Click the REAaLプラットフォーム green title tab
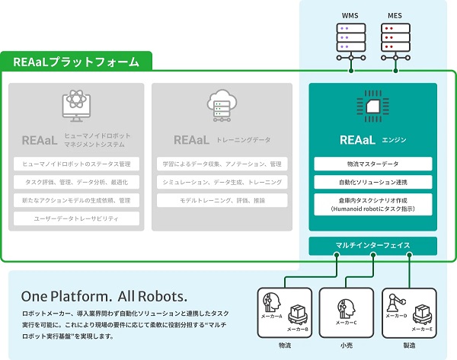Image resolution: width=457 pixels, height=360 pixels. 76,62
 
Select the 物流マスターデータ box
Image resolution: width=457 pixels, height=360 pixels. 373,164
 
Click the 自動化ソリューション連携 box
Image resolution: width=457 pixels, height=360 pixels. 373,183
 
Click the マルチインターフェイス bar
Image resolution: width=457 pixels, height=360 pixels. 373,246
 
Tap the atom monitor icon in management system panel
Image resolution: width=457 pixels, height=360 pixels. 75,107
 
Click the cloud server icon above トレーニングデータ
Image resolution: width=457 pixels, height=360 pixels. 221,107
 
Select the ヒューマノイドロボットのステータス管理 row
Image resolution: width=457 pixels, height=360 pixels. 76,164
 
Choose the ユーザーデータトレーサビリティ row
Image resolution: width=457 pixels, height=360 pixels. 76,218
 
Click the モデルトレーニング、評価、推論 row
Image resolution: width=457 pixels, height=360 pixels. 222,200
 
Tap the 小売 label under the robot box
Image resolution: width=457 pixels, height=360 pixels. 347,346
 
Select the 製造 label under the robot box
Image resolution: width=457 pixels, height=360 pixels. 410,346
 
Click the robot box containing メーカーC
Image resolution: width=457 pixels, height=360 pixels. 347,312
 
